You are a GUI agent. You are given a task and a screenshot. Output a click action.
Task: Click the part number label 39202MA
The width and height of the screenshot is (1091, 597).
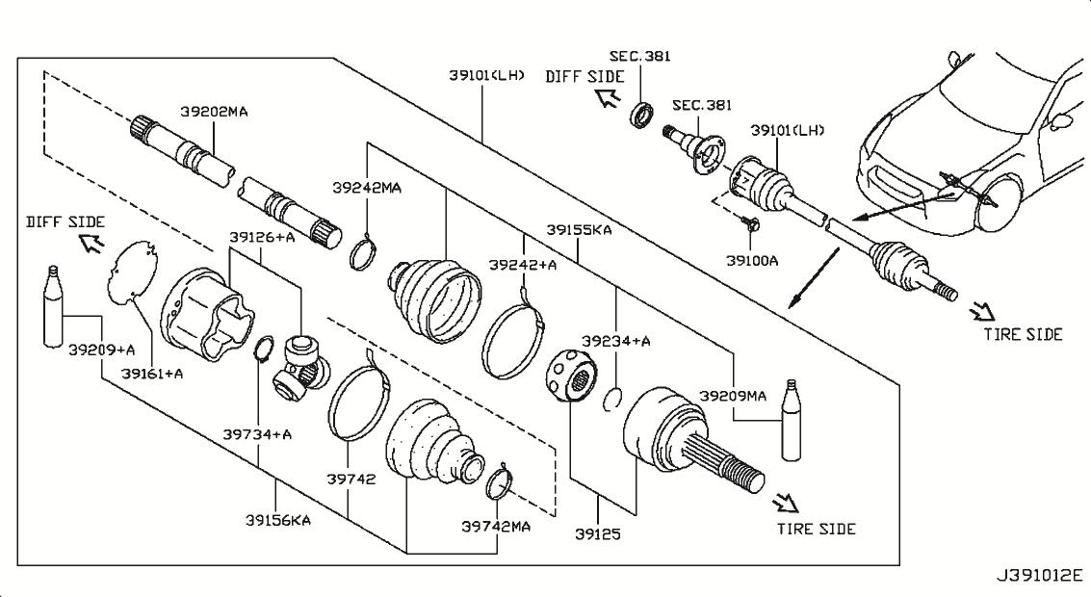214,112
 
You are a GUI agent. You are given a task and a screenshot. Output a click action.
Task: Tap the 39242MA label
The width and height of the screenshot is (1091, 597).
367,188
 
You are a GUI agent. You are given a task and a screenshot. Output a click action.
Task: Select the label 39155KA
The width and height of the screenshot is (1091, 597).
579,229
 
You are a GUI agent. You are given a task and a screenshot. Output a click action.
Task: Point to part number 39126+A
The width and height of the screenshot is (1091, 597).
262,237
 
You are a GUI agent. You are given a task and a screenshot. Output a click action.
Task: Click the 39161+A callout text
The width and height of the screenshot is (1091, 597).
152,374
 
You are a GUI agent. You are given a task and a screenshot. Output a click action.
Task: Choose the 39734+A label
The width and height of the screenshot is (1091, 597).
257,435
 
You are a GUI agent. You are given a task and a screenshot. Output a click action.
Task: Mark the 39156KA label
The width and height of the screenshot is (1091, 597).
277,520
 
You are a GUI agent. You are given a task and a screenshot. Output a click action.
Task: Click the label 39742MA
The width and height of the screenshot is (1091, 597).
496,526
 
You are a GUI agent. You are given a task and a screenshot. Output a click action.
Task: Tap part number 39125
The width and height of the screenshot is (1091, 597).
598,534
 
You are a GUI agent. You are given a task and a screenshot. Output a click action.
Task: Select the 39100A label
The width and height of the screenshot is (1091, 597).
752,261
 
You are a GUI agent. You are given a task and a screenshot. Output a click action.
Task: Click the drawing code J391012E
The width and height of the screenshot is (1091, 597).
1040,576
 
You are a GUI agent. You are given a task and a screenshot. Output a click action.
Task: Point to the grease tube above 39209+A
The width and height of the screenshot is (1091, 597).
52,305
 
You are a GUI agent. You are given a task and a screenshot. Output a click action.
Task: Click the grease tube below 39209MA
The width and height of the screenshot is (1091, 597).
792,420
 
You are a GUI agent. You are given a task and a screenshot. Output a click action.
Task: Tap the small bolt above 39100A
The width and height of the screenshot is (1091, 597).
751,222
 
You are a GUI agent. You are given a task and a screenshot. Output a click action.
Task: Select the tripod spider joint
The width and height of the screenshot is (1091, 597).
301,365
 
